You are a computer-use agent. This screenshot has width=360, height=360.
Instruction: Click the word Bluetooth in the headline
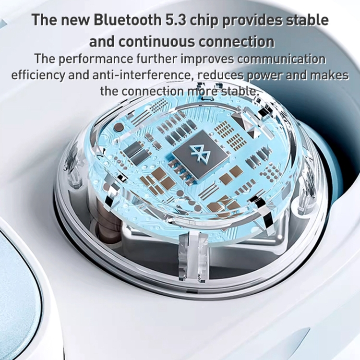(127, 20)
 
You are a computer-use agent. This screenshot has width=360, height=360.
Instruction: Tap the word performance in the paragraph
(96, 59)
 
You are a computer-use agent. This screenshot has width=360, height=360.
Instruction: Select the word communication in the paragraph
(281, 59)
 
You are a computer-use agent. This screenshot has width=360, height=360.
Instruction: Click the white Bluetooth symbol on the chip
(197, 153)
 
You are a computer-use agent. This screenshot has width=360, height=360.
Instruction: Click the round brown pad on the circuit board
(119, 127)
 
